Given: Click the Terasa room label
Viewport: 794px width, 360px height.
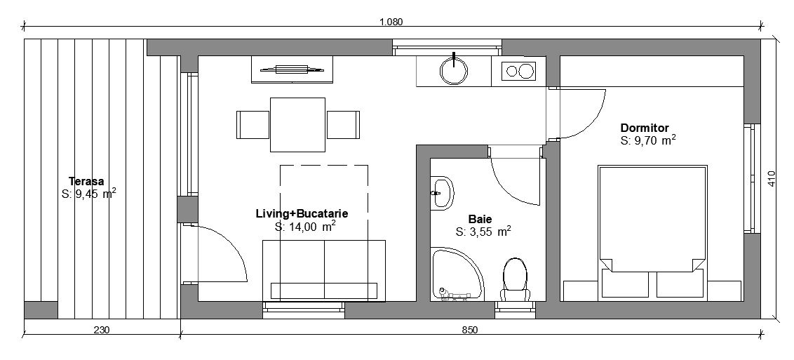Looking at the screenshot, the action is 86,181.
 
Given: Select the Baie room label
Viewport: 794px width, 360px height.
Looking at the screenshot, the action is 480,219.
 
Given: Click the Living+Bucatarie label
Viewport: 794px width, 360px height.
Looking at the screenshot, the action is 302,213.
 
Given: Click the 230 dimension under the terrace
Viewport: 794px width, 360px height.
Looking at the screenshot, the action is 101,330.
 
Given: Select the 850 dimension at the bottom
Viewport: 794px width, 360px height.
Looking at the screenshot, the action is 470,330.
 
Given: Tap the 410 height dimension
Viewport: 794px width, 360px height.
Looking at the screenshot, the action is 772,178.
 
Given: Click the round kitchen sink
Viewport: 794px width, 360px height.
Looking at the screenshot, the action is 454,70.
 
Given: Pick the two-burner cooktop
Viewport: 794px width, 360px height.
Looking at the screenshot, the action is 519,71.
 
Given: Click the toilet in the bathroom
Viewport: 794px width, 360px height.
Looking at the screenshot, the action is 515,279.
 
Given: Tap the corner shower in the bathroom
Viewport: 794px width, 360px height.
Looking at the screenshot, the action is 457,274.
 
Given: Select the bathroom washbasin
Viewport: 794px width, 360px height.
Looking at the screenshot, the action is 442,193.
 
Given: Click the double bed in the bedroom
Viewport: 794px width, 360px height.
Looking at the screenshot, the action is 652,231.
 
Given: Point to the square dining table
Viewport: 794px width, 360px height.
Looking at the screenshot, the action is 297,124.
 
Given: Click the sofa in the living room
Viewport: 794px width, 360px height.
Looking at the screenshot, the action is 324,271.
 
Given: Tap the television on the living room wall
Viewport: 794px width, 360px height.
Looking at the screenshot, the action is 292,69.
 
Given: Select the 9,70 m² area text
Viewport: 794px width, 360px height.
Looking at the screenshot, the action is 648,140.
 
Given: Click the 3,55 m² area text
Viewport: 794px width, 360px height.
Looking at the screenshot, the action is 483,232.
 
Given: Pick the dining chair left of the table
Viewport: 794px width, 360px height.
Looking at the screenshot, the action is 253,124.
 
